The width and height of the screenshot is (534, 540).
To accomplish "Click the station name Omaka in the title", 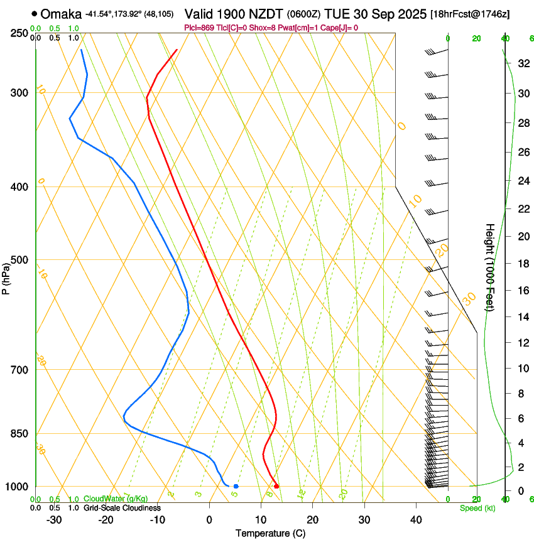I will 61,14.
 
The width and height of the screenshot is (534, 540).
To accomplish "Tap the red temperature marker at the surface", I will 276,486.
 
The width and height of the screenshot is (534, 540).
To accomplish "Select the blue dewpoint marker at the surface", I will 236,486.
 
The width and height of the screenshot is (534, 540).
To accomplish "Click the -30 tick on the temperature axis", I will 54,519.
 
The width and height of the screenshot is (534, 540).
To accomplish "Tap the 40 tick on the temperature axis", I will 415,519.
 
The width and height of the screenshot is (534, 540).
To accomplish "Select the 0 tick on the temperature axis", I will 209,519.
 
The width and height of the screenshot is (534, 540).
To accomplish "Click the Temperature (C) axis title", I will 270,533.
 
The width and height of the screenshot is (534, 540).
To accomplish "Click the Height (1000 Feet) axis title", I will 490,267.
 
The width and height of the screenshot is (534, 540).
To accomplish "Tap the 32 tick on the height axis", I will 523,63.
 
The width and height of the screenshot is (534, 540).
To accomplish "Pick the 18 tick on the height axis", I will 523,264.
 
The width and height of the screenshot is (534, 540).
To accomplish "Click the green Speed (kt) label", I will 477,508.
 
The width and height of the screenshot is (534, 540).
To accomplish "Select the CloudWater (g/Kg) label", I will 116,499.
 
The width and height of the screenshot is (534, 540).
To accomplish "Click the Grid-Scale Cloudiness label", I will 122,508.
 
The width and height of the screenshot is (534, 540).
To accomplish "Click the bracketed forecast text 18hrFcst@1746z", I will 479,14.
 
